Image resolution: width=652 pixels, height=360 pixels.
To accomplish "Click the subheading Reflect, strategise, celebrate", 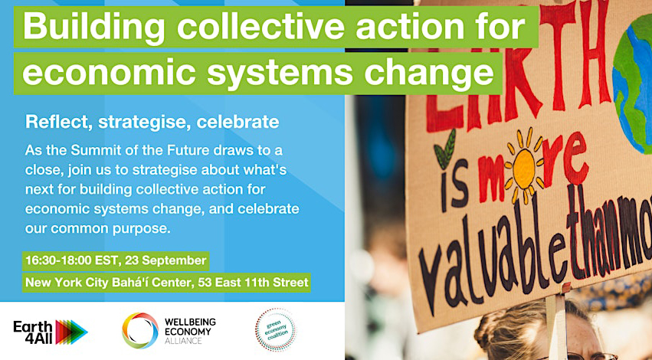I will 152,121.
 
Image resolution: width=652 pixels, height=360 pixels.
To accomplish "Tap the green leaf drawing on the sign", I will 444,150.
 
